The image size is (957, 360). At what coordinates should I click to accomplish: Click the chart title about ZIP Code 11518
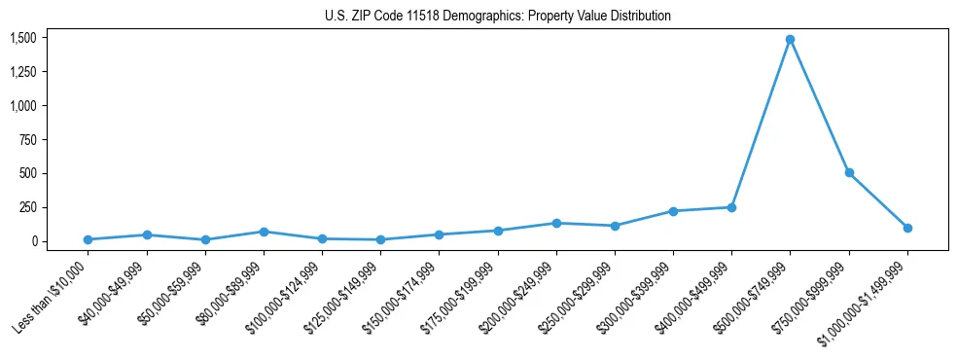tap(498, 16)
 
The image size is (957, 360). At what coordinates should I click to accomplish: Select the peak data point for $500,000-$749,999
tap(790, 40)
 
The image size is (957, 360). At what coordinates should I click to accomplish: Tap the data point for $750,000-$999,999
tap(849, 172)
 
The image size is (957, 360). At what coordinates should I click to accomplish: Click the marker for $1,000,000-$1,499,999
tap(907, 228)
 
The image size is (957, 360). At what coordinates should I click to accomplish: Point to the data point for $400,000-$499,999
tap(731, 207)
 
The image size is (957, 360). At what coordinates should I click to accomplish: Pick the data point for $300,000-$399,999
tap(673, 211)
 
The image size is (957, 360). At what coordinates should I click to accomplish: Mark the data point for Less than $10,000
tap(88, 239)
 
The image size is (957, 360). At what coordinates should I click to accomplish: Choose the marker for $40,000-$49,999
tap(146, 234)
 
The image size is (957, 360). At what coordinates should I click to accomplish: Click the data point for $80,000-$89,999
tap(264, 232)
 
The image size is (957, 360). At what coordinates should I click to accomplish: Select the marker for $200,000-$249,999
tap(556, 223)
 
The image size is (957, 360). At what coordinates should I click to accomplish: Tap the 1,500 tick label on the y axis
tap(23, 38)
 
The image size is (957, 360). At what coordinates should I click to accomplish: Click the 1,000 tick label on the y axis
tap(23, 105)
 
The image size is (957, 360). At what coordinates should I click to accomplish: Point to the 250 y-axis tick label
tap(28, 207)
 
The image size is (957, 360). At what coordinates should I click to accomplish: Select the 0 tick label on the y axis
tap(34, 241)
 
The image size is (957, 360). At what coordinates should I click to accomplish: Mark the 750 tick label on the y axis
tap(28, 139)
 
